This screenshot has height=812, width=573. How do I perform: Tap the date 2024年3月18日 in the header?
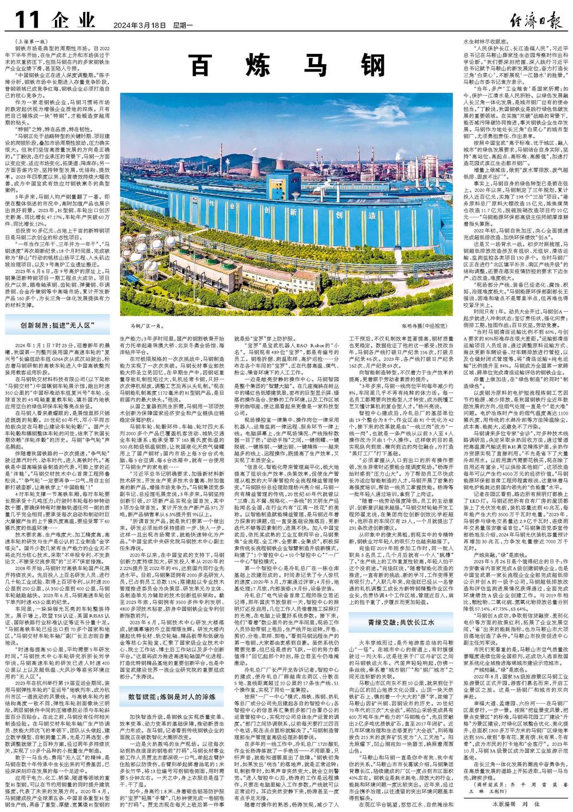point(135,25)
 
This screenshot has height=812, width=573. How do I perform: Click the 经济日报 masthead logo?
point(532,20)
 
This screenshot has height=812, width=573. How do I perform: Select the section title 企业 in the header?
point(73,21)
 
